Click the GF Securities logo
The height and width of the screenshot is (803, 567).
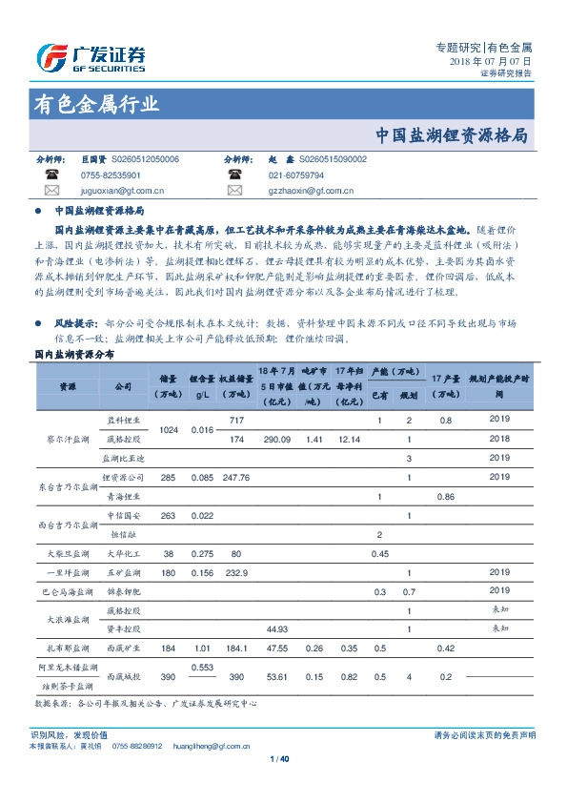tap(90, 57)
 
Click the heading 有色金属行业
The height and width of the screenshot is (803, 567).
tap(95, 105)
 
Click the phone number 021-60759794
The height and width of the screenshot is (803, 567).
tap(295, 175)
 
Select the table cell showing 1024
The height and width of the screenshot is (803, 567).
tap(170, 430)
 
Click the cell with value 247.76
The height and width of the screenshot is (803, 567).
tap(236, 477)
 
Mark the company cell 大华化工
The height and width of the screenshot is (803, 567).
tap(122, 553)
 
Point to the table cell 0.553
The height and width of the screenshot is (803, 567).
tap(201, 666)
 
